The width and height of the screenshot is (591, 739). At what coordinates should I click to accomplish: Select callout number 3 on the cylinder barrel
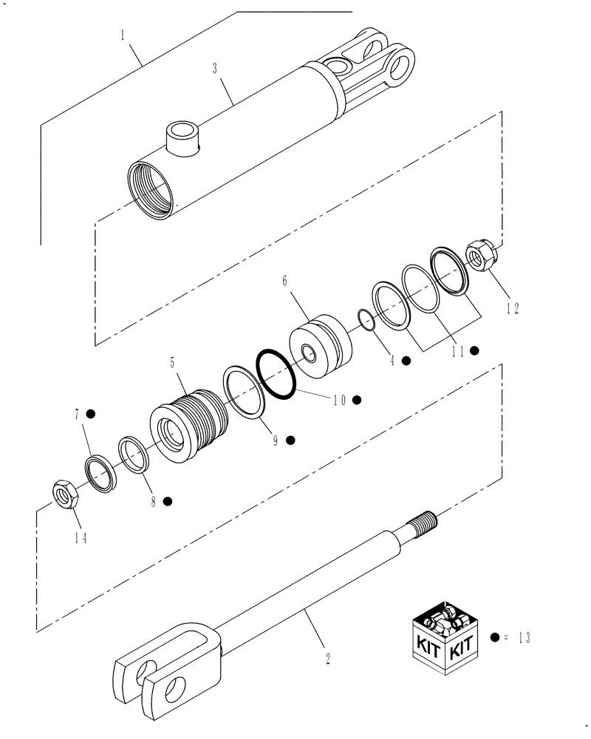coord(214,69)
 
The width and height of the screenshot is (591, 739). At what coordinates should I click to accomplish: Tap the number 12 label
coord(512,309)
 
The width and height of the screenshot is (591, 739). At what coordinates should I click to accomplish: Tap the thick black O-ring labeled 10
coord(277,374)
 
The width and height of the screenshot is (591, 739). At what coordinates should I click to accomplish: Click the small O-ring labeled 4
coord(364,318)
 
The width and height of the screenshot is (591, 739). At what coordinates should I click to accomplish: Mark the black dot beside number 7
coord(91,413)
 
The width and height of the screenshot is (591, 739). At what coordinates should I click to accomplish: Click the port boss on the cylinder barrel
coord(182,137)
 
